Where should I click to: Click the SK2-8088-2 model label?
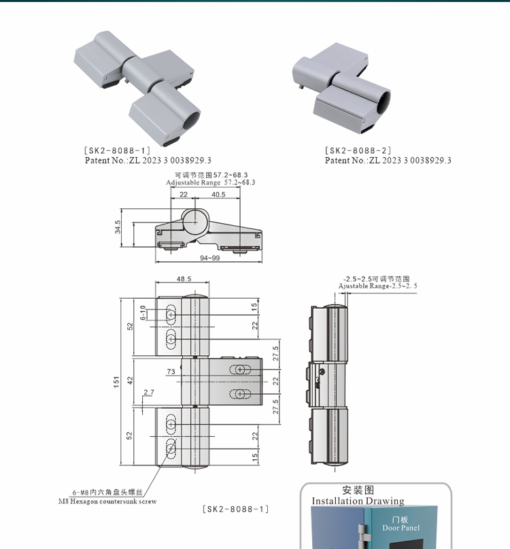pyautogui.click(x=358, y=150)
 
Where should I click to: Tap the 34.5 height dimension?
pyautogui.click(x=118, y=227)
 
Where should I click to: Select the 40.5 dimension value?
pyautogui.click(x=218, y=195)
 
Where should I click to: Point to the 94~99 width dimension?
pyautogui.click(x=209, y=259)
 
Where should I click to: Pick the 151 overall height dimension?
pyautogui.click(x=116, y=382)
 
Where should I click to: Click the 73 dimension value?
pyautogui.click(x=171, y=371)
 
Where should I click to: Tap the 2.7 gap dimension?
pyautogui.click(x=149, y=393)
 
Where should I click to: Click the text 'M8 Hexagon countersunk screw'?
pyautogui.click(x=107, y=501)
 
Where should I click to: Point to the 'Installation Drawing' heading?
pyautogui.click(x=358, y=501)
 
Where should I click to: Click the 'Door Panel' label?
pyautogui.click(x=401, y=528)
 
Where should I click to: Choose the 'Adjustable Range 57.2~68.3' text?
pyautogui.click(x=211, y=182)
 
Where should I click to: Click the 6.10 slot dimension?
pyautogui.click(x=143, y=314)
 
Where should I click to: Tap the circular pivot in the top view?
pyautogui.click(x=195, y=220)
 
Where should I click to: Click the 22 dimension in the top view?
pyautogui.click(x=184, y=195)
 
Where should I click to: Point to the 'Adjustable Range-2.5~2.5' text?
pyautogui.click(x=377, y=286)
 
